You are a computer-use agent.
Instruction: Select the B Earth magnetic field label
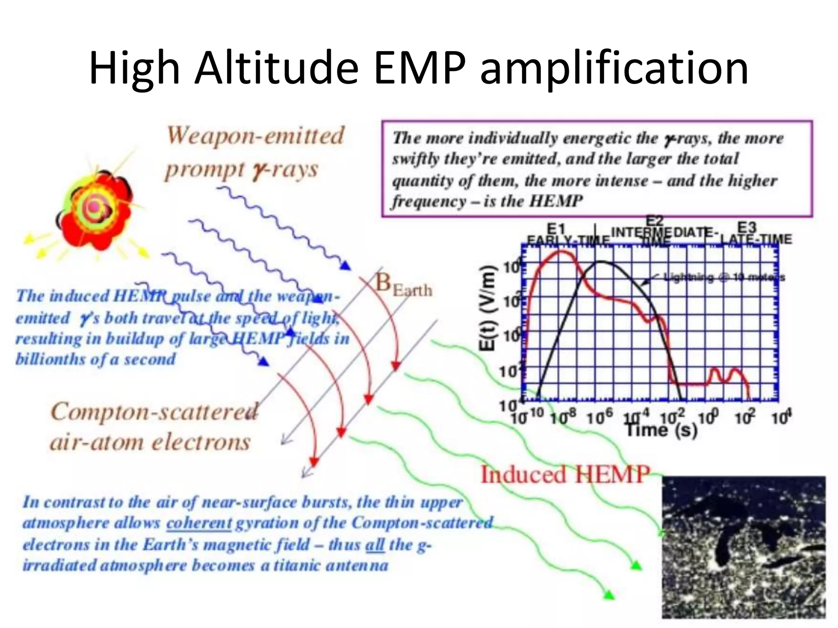point(403,284)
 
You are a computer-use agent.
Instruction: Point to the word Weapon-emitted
point(256,136)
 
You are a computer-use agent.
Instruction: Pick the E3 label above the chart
point(747,227)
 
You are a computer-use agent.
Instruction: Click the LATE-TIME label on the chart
point(756,239)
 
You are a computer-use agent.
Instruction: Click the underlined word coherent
point(199,523)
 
